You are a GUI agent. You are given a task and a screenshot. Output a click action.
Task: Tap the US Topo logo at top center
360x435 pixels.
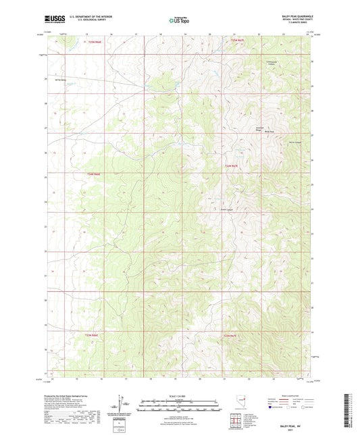coord(179,20)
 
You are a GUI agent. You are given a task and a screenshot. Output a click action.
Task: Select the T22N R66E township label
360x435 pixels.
coord(95,174)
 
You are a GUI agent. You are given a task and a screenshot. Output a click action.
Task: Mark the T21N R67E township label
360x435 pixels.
coord(231,335)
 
